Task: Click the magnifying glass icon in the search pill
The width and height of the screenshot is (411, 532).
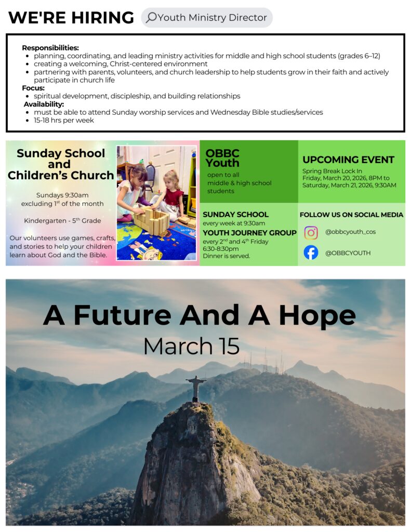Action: tap(151, 18)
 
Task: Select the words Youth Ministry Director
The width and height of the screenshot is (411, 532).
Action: tap(212, 18)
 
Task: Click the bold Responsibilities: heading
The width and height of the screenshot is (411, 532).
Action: tap(50, 48)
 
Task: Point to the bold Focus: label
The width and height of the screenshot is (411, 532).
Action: tap(33, 88)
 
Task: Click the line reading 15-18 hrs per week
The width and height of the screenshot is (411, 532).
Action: tap(63, 120)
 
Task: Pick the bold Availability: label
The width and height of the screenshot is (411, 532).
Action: tap(44, 104)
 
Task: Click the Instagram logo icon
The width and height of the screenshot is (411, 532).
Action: tap(311, 232)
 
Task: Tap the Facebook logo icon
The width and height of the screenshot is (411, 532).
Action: tap(311, 252)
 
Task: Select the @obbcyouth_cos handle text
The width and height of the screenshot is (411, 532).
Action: tap(350, 232)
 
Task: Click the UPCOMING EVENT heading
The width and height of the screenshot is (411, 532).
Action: tap(348, 159)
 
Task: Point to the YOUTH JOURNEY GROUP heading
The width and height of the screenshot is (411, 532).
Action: tap(249, 233)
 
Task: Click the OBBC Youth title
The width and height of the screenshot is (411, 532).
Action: tap(222, 158)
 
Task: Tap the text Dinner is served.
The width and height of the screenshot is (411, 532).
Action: tap(226, 256)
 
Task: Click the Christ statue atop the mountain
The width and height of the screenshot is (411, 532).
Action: tap(196, 387)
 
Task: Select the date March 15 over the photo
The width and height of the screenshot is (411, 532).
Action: tap(191, 347)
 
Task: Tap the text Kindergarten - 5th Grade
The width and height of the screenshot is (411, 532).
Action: tap(62, 221)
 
